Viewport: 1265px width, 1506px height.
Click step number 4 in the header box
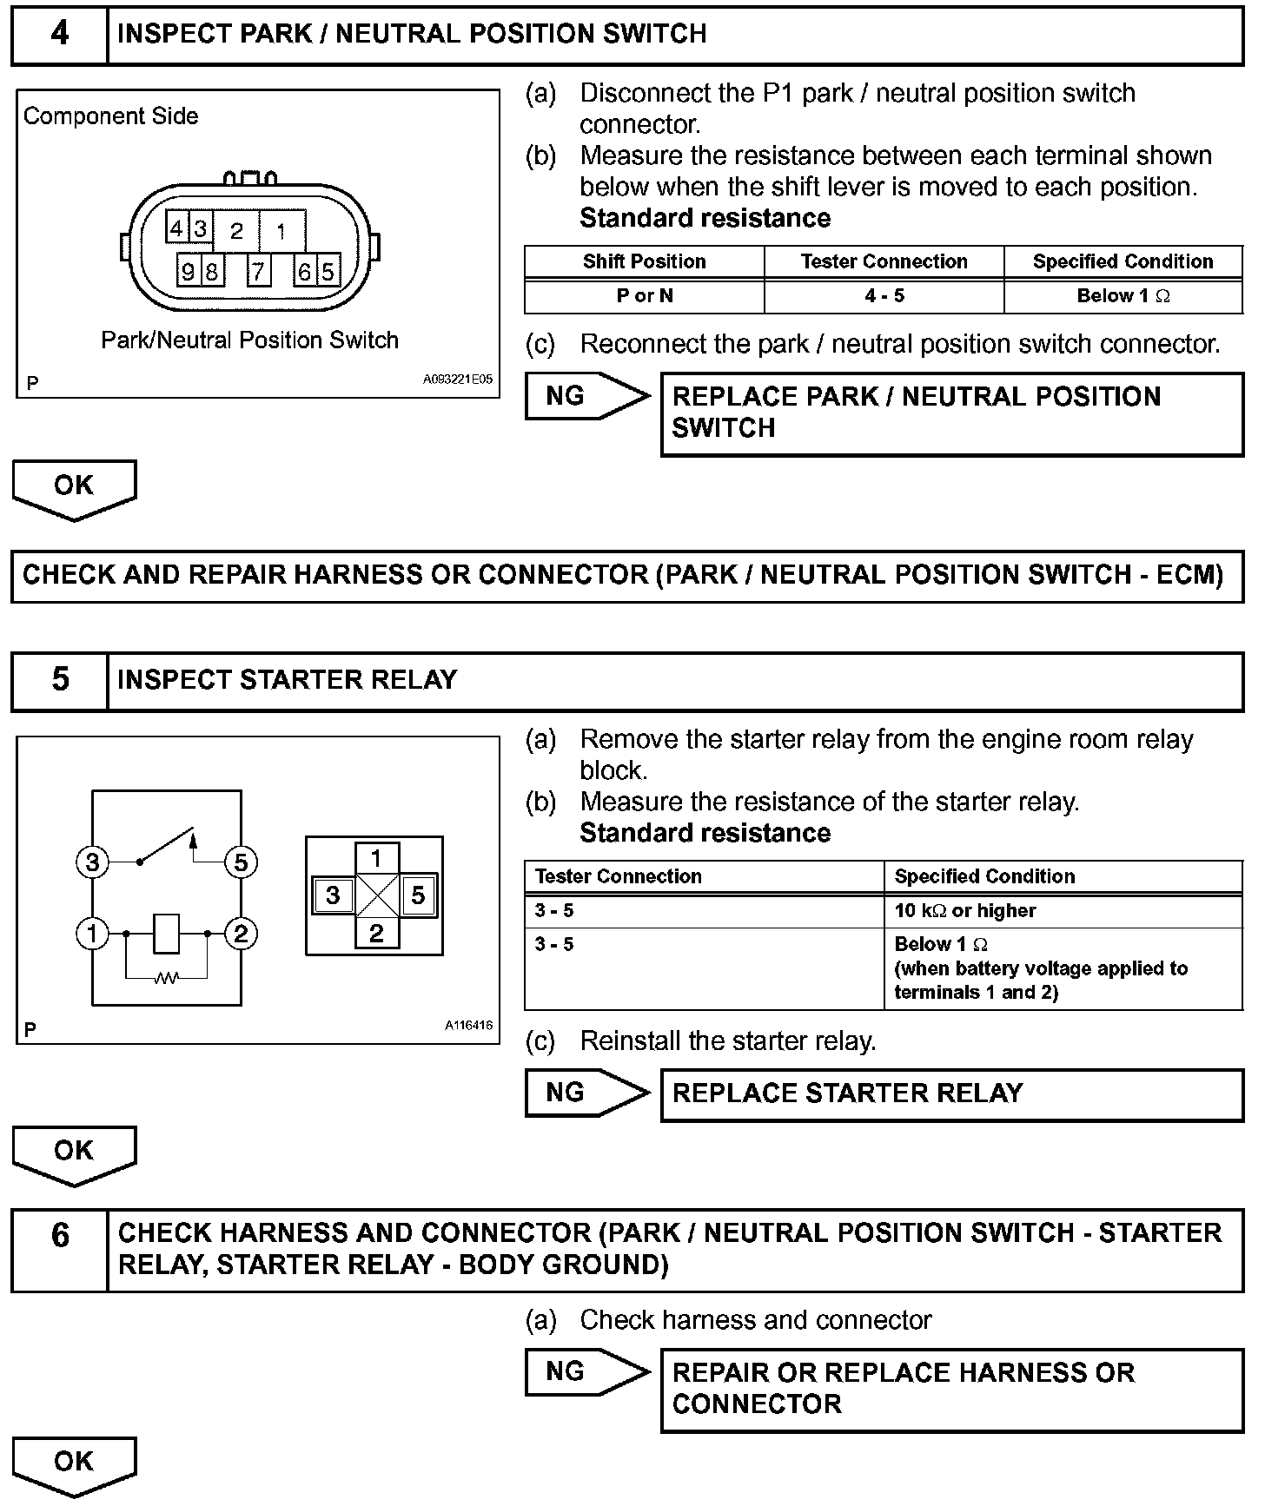click(59, 34)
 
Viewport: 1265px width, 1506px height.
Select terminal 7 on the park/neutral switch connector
click(258, 271)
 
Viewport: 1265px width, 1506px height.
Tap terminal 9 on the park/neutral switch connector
click(188, 271)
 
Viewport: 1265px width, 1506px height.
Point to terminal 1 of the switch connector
click(281, 231)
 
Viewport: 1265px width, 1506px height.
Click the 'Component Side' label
click(110, 116)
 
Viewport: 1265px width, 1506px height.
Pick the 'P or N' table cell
click(644, 296)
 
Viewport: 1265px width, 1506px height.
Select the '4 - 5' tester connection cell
click(884, 296)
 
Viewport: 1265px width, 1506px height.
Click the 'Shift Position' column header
click(644, 261)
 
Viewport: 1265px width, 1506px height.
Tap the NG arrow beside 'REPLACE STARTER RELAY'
click(586, 1093)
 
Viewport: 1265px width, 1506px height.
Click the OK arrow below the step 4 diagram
click(74, 488)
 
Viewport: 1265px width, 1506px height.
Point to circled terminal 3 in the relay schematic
click(92, 862)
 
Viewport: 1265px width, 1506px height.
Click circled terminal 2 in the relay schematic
click(241, 934)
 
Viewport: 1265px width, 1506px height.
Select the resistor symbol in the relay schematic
click(167, 979)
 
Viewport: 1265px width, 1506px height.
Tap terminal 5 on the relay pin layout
click(418, 895)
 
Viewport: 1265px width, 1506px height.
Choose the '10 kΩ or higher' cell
click(965, 910)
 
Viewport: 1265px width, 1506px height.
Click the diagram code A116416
click(468, 1026)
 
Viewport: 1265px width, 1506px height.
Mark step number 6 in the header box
click(59, 1235)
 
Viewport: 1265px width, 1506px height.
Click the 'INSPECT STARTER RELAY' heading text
click(287, 679)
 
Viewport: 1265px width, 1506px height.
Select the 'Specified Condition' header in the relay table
click(984, 876)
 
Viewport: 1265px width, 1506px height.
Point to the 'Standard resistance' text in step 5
click(705, 833)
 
